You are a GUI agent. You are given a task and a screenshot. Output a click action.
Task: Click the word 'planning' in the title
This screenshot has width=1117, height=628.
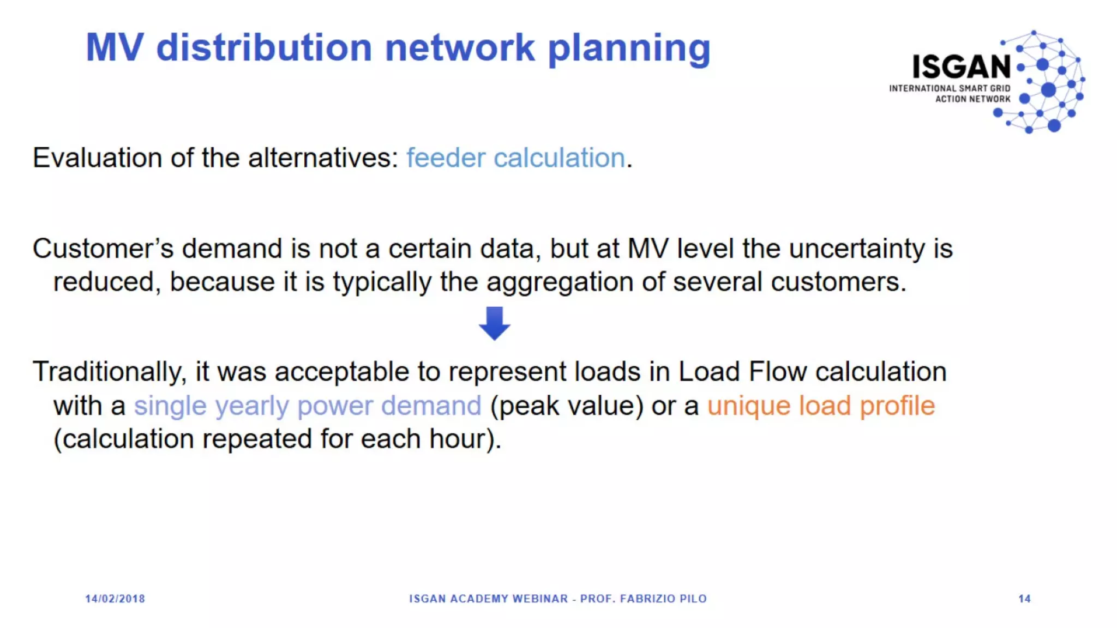pyautogui.click(x=629, y=48)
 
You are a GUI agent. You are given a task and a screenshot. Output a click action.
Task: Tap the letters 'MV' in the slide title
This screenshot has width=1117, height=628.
pyautogui.click(x=115, y=48)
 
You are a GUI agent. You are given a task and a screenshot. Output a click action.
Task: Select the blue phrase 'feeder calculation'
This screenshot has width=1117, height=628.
pyautogui.click(x=515, y=158)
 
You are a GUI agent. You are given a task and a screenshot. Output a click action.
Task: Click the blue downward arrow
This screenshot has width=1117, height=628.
pyautogui.click(x=494, y=323)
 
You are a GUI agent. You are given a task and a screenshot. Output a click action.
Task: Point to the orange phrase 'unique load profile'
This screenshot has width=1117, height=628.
pyautogui.click(x=821, y=406)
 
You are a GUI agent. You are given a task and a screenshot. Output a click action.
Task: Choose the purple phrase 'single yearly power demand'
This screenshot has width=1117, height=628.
pyautogui.click(x=308, y=406)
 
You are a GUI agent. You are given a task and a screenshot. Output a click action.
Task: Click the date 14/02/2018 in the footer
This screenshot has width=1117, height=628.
pyautogui.click(x=115, y=599)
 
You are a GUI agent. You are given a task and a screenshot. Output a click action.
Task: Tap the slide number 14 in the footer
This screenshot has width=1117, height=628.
pyautogui.click(x=1024, y=599)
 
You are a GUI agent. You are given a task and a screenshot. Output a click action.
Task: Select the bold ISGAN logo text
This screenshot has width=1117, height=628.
pyautogui.click(x=962, y=67)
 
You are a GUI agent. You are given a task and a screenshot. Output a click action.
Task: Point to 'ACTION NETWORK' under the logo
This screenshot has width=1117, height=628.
pyautogui.click(x=972, y=99)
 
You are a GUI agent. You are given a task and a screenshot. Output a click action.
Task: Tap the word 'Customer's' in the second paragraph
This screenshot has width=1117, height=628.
pyautogui.click(x=103, y=249)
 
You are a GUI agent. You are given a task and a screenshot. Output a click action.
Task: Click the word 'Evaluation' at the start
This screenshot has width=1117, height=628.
pyautogui.click(x=97, y=158)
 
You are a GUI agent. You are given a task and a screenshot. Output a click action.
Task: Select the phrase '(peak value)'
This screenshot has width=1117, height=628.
pyautogui.click(x=567, y=406)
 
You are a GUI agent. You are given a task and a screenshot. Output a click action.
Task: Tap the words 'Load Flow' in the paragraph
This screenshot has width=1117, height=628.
pyautogui.click(x=742, y=372)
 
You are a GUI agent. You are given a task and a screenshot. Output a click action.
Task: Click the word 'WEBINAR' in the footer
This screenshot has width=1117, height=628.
pyautogui.click(x=540, y=599)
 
